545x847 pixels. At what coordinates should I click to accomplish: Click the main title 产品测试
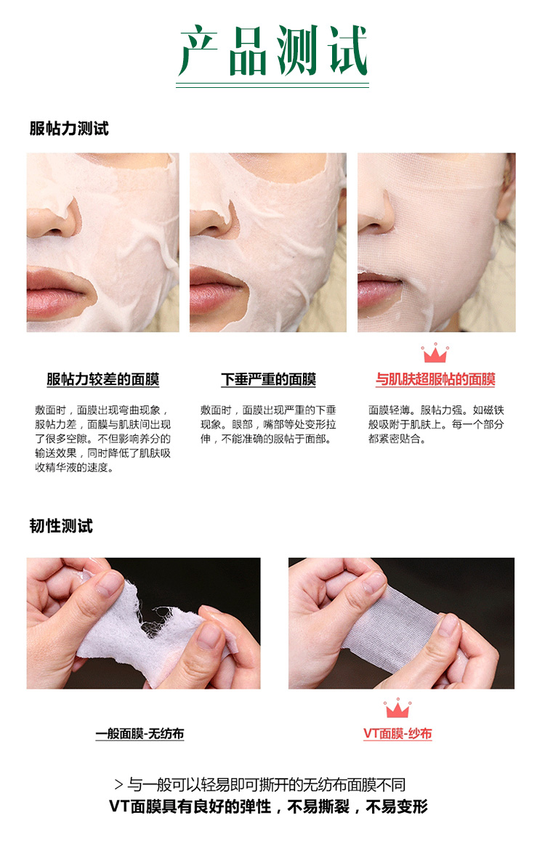272,49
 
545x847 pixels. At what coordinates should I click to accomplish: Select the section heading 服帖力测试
69,129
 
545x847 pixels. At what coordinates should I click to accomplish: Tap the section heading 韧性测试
61,526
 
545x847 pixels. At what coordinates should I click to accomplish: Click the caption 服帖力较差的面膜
102,379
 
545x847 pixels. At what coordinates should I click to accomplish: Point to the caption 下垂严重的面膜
268,379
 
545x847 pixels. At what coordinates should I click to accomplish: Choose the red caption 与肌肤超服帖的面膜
435,379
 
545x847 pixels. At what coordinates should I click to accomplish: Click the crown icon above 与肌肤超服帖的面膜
435,353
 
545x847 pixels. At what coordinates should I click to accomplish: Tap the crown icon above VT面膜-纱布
397,708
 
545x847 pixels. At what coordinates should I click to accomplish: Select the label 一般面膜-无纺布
140,734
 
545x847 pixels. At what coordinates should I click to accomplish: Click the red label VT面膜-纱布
397,734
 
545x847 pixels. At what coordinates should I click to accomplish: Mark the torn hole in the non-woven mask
157,621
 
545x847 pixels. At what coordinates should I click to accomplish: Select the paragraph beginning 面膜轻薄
436,424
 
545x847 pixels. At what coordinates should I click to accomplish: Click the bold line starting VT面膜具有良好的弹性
268,806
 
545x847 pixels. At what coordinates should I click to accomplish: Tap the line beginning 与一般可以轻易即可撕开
260,785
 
